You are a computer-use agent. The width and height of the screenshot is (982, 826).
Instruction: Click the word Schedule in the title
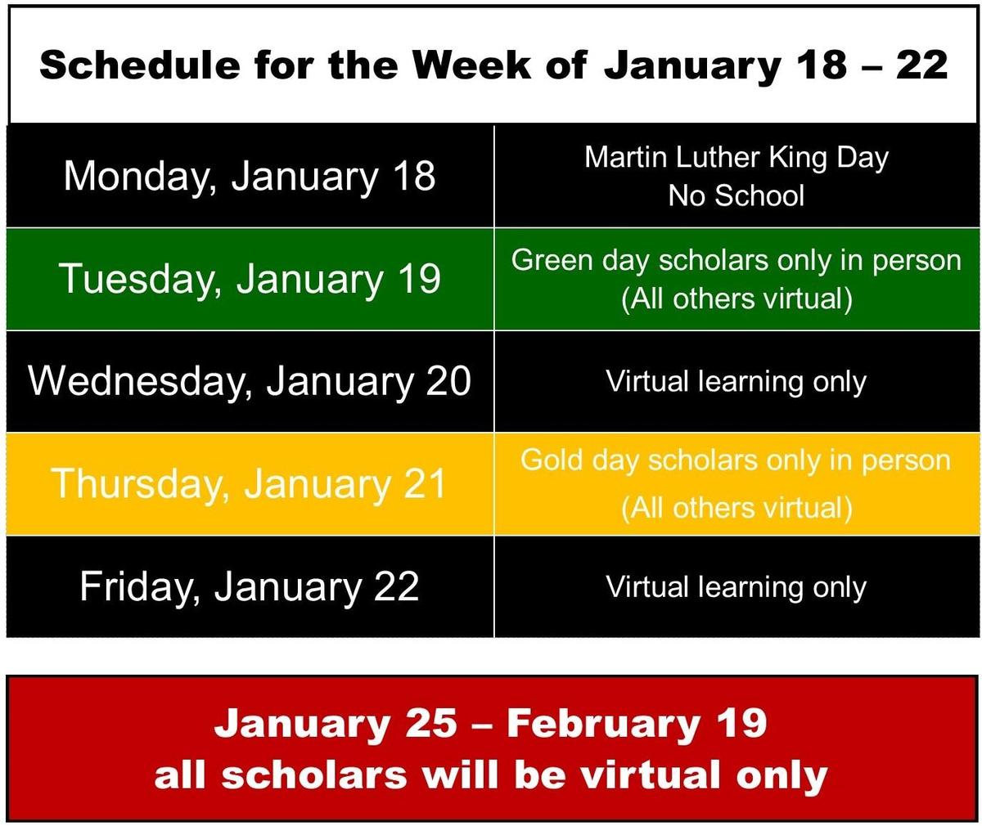click(140, 65)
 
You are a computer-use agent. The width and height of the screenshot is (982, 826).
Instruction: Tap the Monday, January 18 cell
click(250, 176)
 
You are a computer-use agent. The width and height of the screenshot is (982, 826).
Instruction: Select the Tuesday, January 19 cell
click(250, 279)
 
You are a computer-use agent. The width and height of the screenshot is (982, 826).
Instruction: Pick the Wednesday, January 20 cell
click(250, 381)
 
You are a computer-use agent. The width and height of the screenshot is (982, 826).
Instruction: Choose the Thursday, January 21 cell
click(250, 484)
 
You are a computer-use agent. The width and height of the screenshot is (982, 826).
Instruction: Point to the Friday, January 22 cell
click(250, 586)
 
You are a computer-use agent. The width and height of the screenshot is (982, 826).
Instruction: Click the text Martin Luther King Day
click(736, 158)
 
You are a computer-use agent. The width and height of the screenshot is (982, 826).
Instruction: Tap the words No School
click(736, 195)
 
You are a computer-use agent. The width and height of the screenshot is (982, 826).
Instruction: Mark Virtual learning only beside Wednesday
click(736, 382)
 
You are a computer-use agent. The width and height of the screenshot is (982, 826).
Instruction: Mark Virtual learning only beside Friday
click(736, 588)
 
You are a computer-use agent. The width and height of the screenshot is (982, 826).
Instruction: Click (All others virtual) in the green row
click(736, 299)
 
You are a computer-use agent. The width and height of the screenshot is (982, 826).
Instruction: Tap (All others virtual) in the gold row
click(736, 509)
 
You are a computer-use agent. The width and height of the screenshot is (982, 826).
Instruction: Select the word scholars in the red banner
click(314, 775)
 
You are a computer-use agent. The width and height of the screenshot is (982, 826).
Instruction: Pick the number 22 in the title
click(921, 65)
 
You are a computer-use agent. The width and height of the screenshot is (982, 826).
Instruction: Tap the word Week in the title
click(472, 65)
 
